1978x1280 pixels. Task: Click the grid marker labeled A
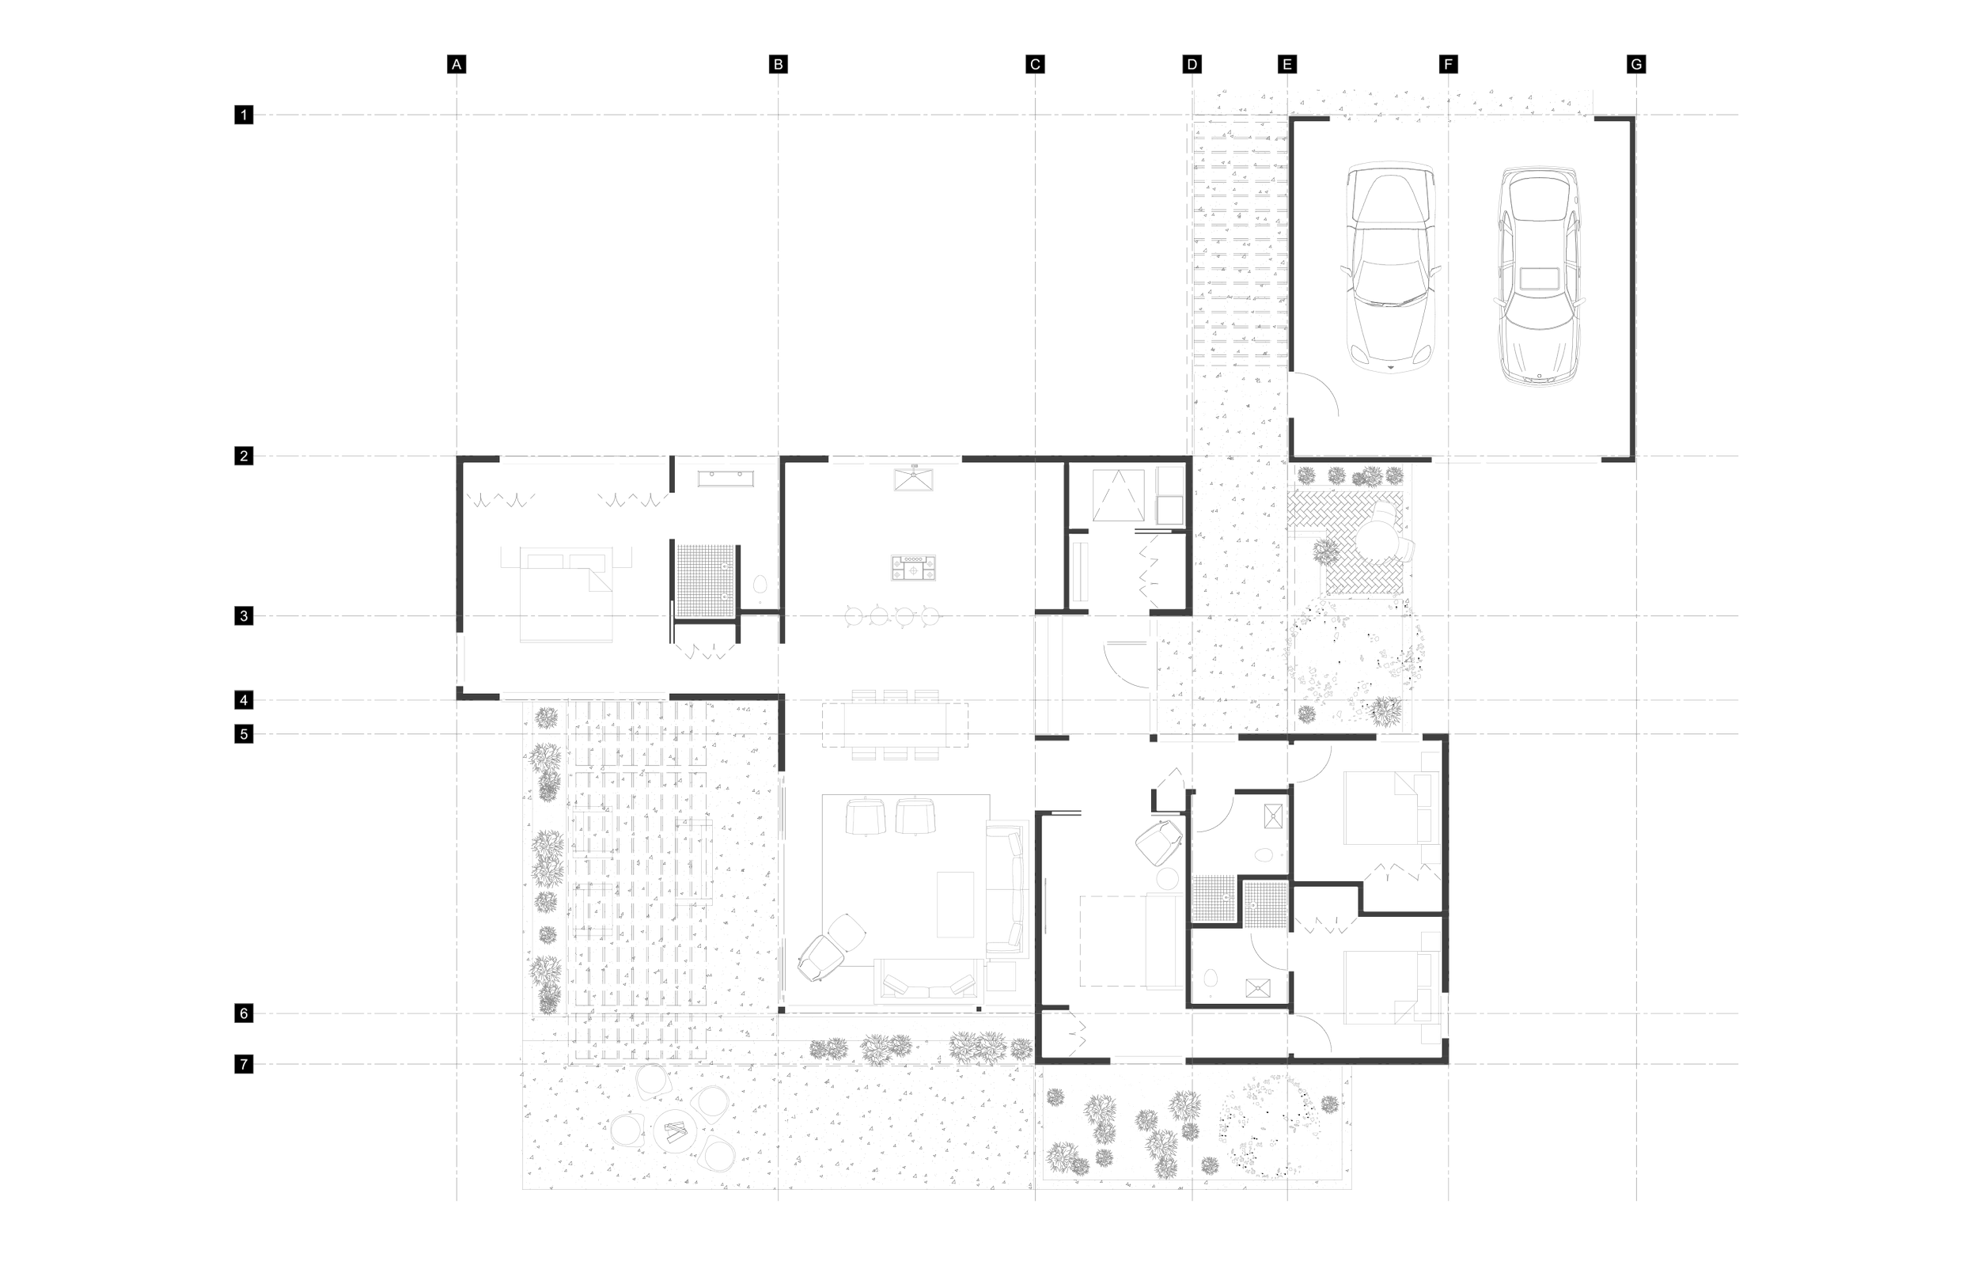click(457, 65)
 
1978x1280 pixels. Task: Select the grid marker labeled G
click(1636, 65)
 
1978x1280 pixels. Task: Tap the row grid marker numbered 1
click(244, 115)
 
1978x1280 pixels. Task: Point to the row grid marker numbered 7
click(244, 1064)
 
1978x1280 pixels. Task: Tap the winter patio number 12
click(793, 1120)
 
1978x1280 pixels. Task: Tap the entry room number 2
click(1118, 671)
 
